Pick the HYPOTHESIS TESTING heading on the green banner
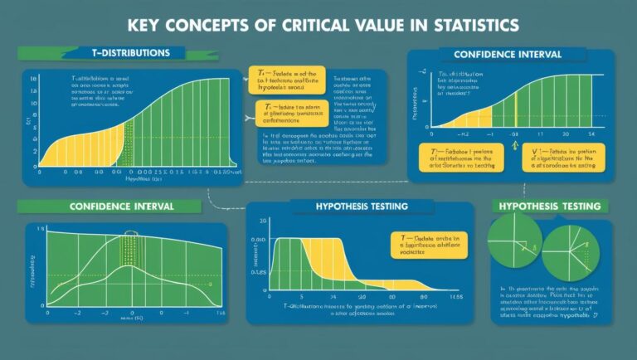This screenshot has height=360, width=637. [x=561, y=205]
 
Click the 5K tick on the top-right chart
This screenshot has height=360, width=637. [x=591, y=133]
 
